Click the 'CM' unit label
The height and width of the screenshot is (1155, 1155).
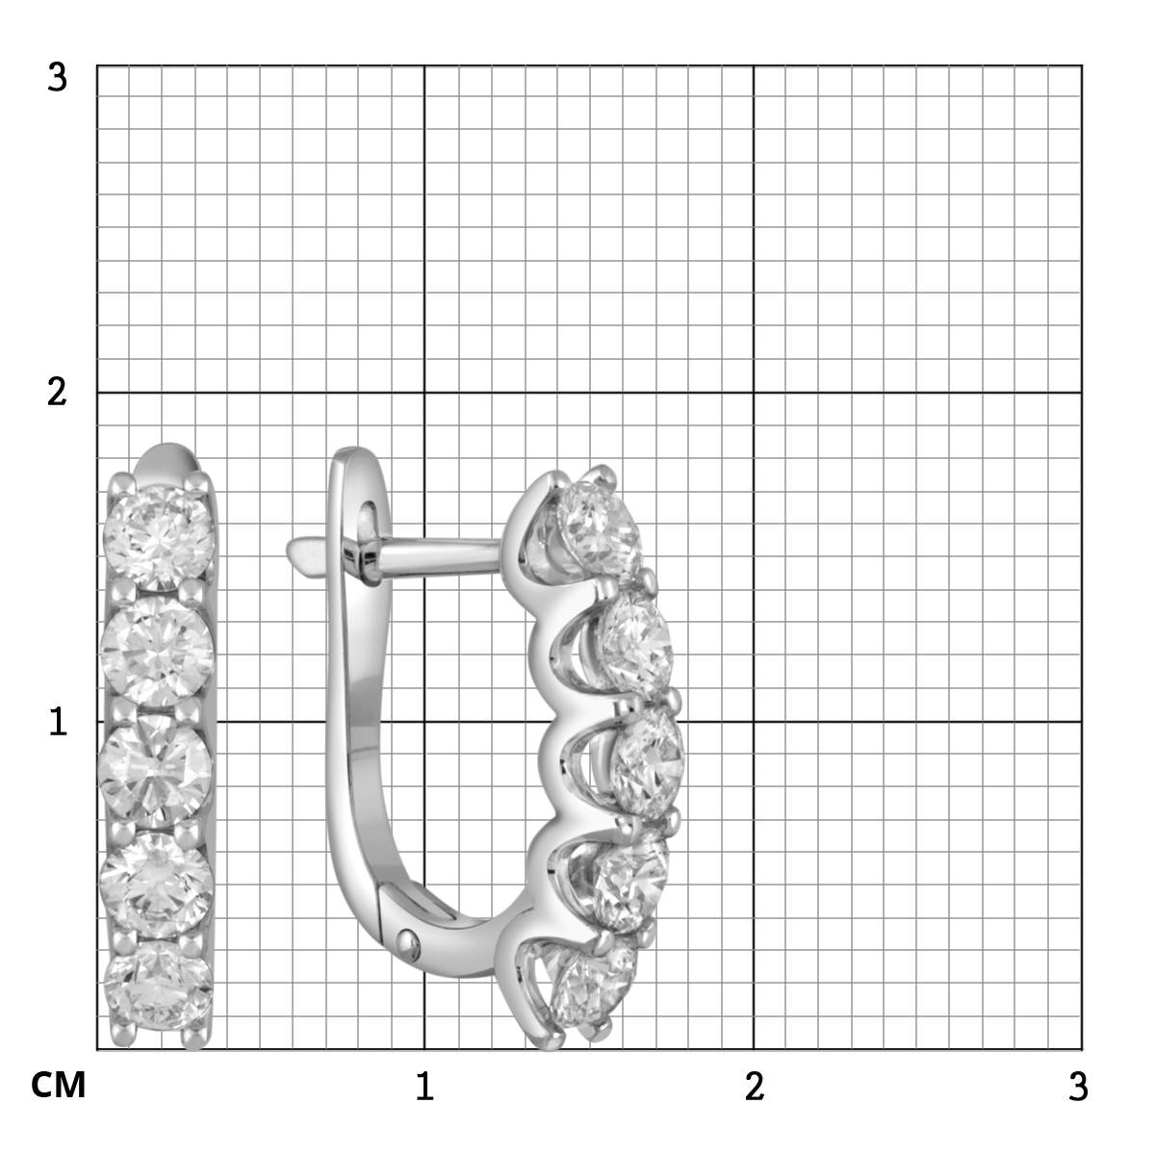click(58, 1085)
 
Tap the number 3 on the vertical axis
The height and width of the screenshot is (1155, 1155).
click(57, 78)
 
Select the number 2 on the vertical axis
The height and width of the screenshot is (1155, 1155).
click(57, 393)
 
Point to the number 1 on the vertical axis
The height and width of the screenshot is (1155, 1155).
click(58, 722)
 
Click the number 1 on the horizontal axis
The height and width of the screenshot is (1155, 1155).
click(424, 1086)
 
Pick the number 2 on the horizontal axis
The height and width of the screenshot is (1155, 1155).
click(755, 1086)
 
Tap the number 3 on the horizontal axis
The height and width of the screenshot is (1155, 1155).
click(1078, 1086)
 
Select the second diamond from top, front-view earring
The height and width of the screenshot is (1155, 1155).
click(157, 652)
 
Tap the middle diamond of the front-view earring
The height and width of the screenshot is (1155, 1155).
click(156, 770)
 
